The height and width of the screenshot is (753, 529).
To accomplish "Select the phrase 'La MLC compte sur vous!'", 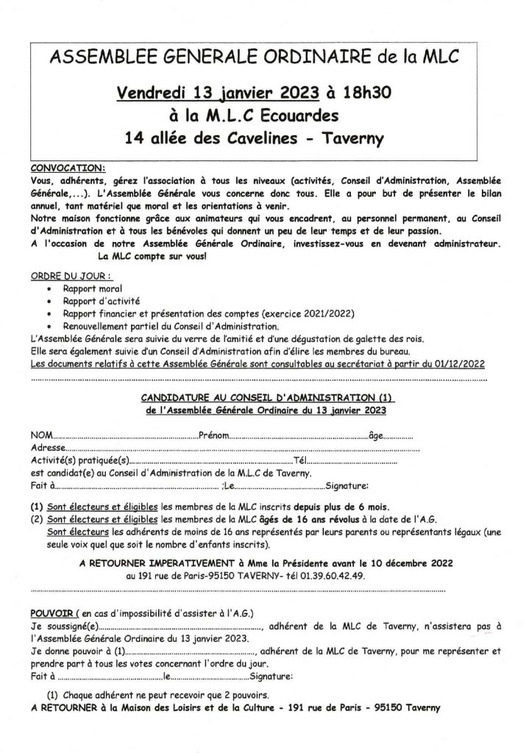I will pyautogui.click(x=149, y=256).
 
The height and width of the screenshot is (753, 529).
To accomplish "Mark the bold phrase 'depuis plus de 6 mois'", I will pyautogui.click(x=341, y=507).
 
